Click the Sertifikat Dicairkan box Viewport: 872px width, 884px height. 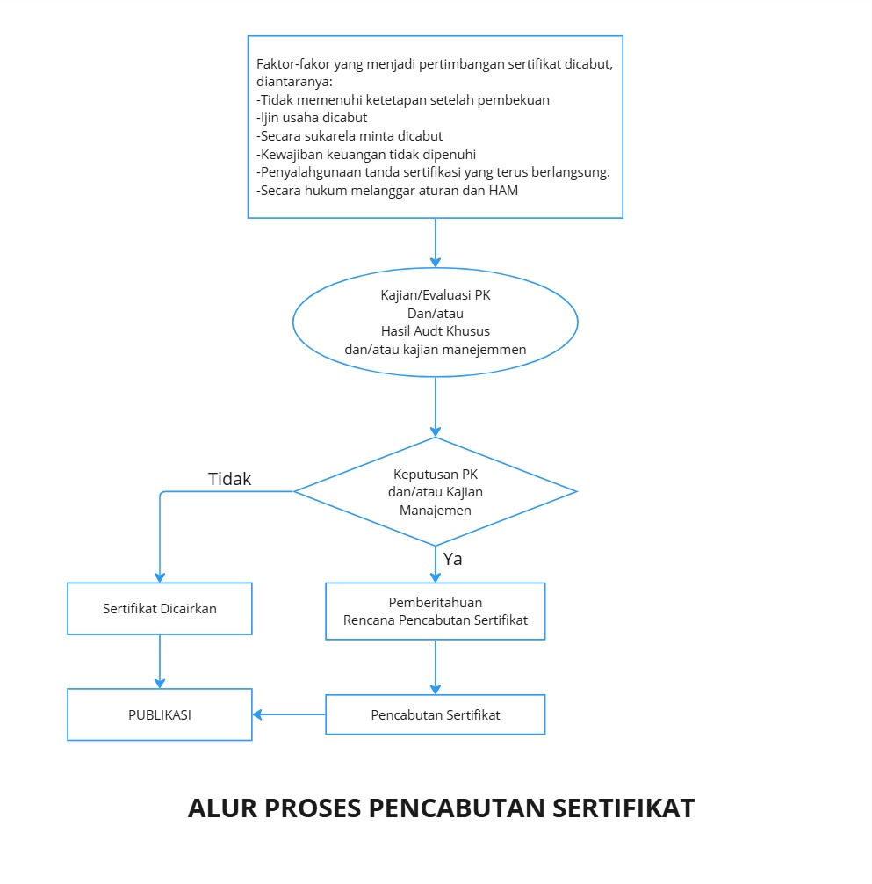(x=160, y=608)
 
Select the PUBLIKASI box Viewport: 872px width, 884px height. (x=160, y=714)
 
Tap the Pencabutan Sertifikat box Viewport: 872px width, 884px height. (x=436, y=714)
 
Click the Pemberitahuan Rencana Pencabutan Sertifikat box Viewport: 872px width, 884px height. (x=436, y=611)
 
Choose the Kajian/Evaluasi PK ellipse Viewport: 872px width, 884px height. (x=436, y=322)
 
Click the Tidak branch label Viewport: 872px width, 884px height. (x=229, y=479)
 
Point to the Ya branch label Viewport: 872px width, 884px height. (x=453, y=559)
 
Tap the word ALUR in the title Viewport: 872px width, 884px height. (x=216, y=808)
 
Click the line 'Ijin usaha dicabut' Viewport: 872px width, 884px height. (x=312, y=118)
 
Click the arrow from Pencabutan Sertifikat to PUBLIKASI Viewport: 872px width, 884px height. (x=290, y=714)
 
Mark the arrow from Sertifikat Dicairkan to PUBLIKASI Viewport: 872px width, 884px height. (x=160, y=661)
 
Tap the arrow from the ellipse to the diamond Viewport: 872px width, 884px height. (x=436, y=407)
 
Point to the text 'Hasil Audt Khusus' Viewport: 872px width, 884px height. (x=436, y=331)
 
